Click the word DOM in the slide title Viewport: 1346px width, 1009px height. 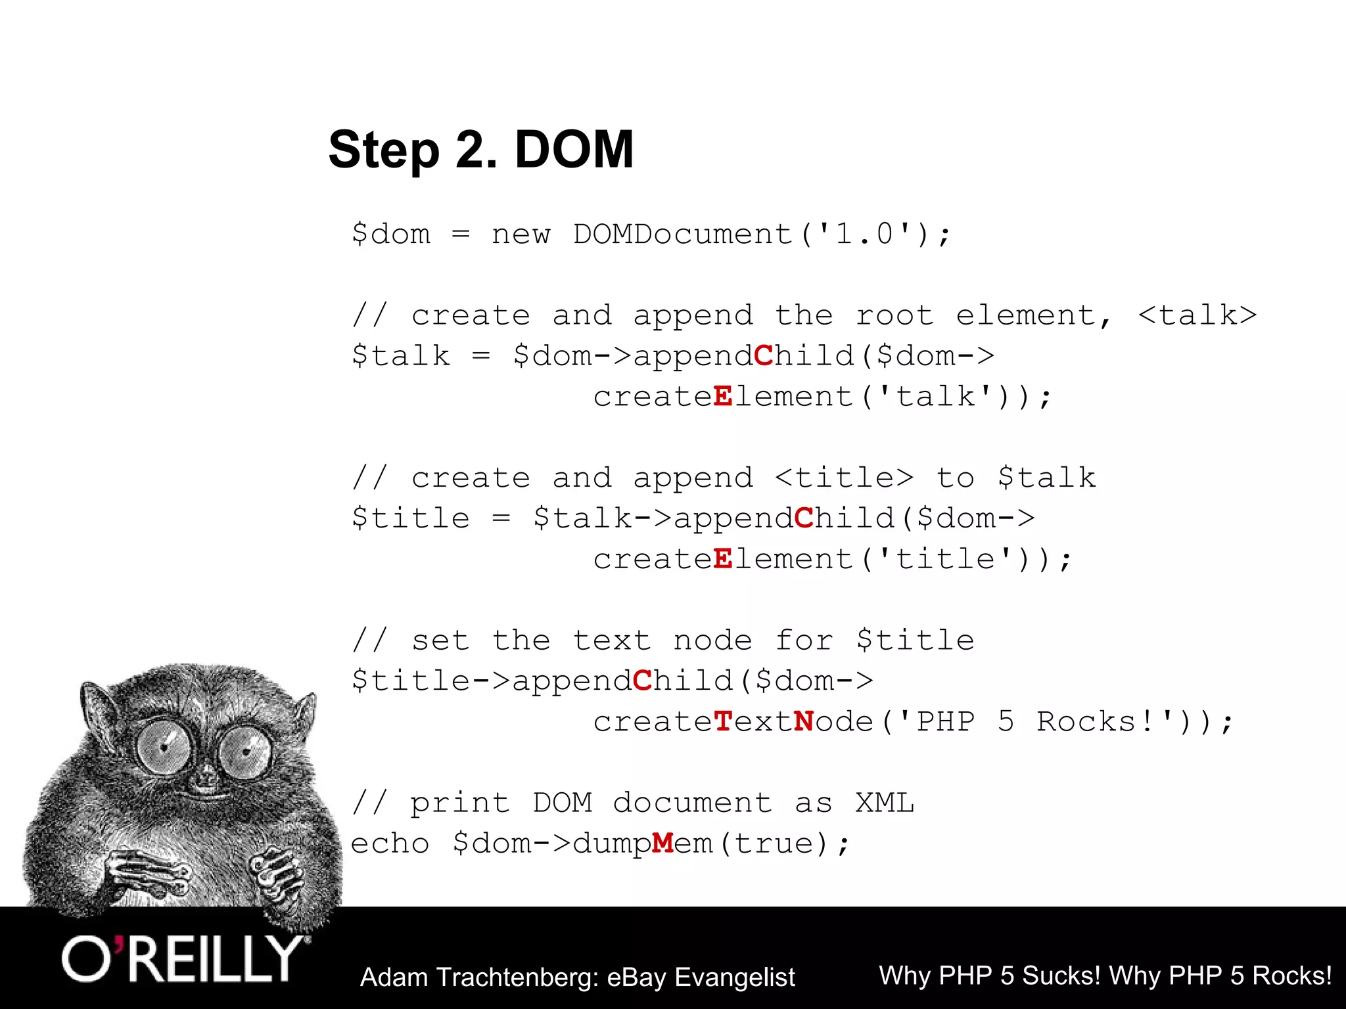point(574,150)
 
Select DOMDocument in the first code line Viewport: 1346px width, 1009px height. point(682,235)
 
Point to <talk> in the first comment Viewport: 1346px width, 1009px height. point(1197,316)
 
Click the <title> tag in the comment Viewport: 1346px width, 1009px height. point(845,478)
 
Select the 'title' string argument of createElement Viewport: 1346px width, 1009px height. point(946,560)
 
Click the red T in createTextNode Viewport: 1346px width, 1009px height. point(723,722)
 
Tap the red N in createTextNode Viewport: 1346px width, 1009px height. point(804,722)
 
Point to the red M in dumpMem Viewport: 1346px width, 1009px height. point(662,843)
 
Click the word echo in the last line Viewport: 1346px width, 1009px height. point(390,844)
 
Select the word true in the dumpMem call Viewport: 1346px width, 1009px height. point(774,844)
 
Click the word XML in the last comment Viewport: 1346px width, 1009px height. point(885,803)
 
